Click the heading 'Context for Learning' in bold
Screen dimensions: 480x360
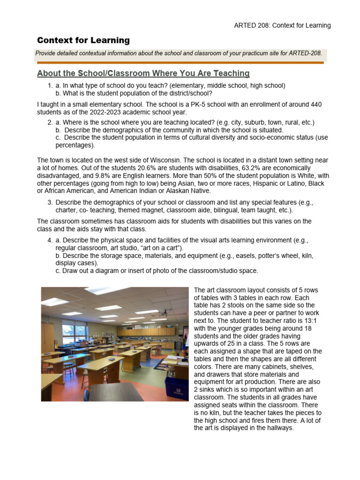[83, 40]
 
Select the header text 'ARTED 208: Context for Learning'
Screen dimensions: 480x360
[282, 25]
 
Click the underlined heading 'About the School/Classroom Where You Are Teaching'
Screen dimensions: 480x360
[143, 74]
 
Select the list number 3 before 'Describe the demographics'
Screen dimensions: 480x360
[50, 202]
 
